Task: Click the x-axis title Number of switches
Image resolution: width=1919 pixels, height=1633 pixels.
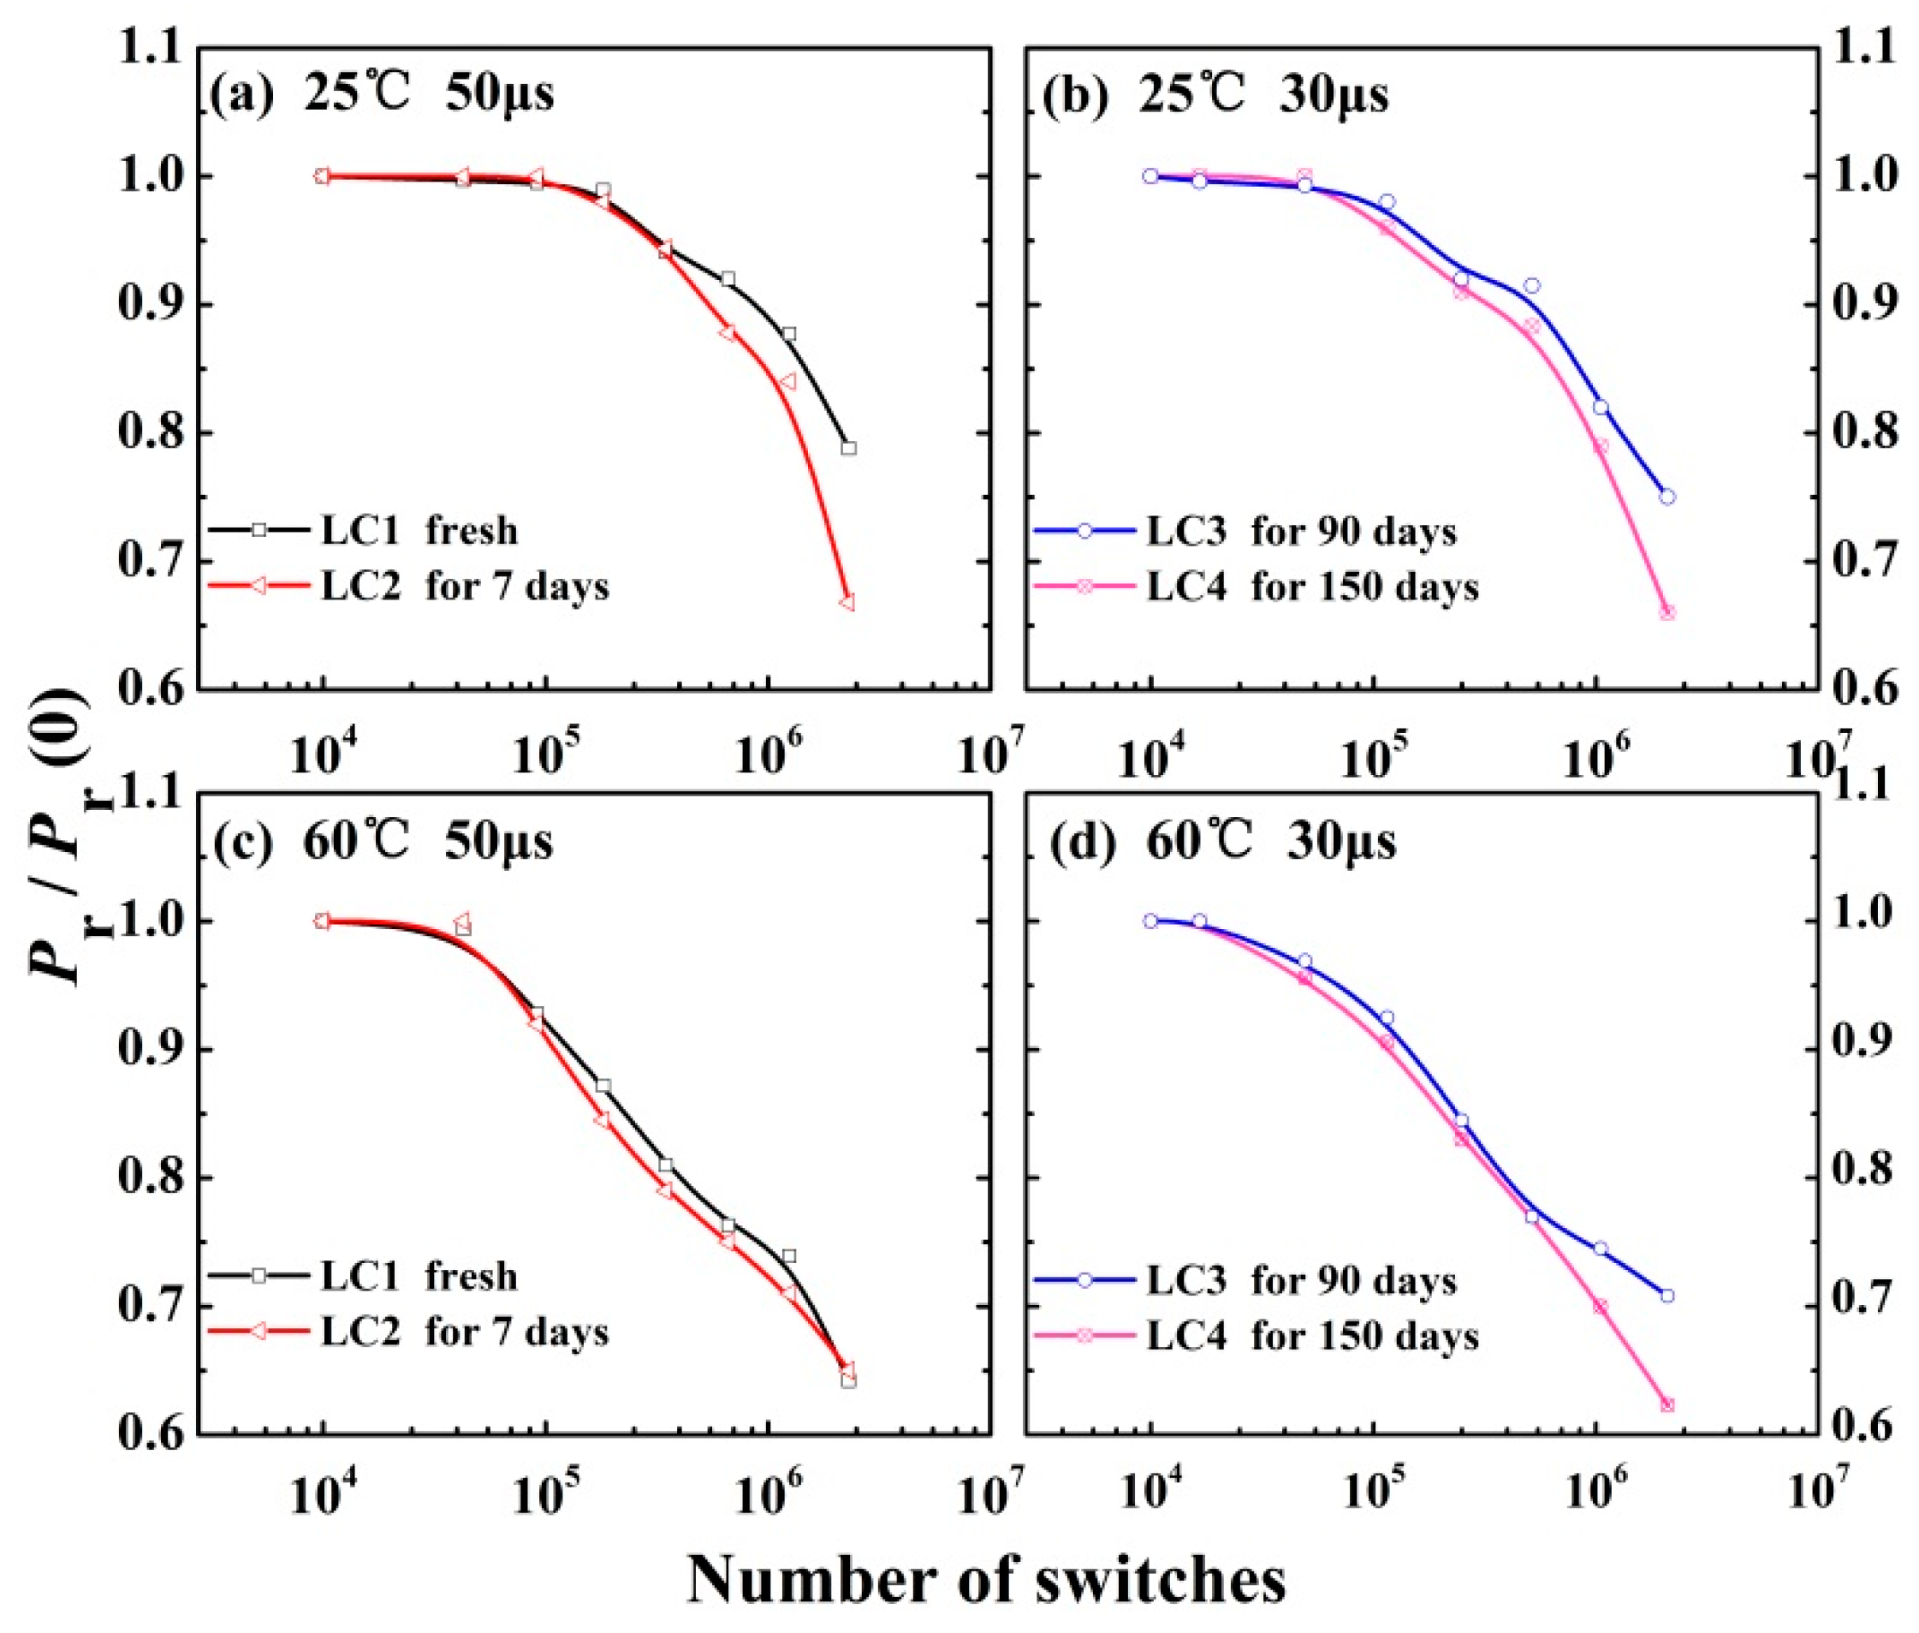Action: coord(985,1579)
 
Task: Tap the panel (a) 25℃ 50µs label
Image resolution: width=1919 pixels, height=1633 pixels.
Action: coord(382,94)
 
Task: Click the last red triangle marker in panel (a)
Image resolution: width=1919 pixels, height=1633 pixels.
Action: coord(847,603)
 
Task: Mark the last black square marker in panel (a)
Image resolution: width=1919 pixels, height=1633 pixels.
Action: coord(848,448)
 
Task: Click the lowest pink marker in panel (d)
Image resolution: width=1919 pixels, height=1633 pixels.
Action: coord(1667,1405)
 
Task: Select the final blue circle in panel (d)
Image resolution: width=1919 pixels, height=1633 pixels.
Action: coord(1666,1295)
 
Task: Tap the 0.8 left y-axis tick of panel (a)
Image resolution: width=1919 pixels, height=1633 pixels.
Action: coord(150,433)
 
